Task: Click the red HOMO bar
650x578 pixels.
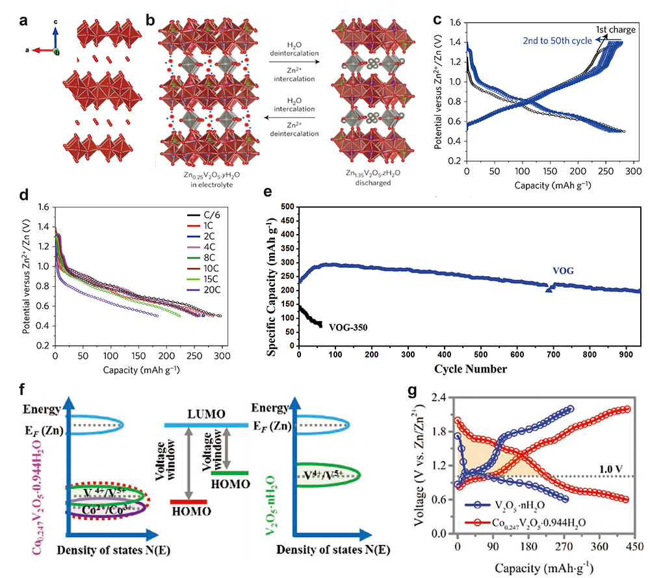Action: click(188, 501)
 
